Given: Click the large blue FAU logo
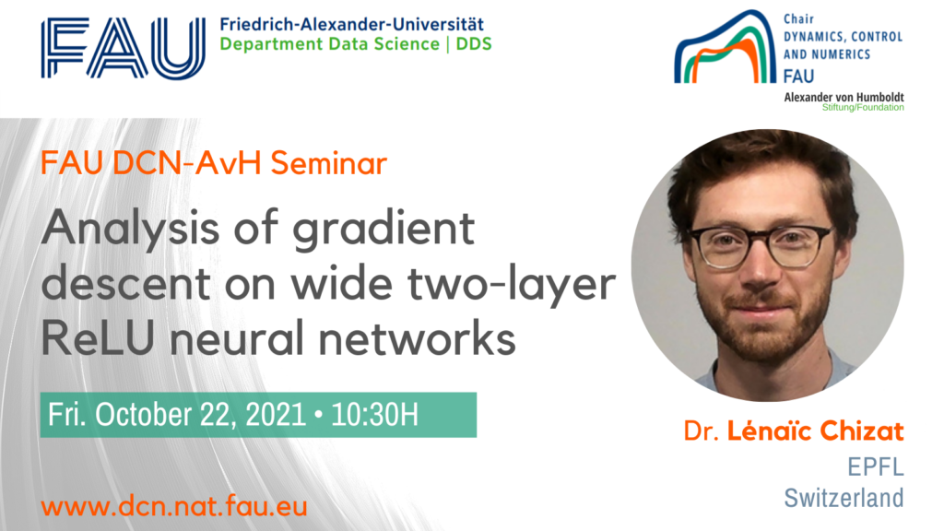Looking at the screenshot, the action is [124, 48].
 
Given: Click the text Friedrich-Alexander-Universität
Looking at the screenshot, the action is [351, 25].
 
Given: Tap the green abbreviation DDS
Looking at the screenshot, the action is [474, 44].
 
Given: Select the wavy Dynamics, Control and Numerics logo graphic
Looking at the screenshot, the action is [725, 46].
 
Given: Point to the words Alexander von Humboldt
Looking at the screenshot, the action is [844, 97].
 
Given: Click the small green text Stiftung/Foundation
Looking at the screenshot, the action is [863, 108].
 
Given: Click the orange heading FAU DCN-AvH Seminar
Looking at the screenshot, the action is [214, 162].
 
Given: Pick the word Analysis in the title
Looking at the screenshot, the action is [131, 229].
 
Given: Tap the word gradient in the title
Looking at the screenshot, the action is [384, 229].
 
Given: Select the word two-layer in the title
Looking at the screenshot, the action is [512, 284].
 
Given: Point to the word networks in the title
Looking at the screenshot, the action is [417, 337].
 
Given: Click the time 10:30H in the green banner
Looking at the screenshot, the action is [374, 415].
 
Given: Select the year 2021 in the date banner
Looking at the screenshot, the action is [276, 415].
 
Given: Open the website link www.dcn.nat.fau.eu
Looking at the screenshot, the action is [174, 506].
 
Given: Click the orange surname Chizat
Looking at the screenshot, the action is [862, 431].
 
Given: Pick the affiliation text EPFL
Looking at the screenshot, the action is [876, 466].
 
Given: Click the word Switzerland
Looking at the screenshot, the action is [844, 498].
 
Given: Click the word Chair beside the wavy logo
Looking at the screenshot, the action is [799, 19].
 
